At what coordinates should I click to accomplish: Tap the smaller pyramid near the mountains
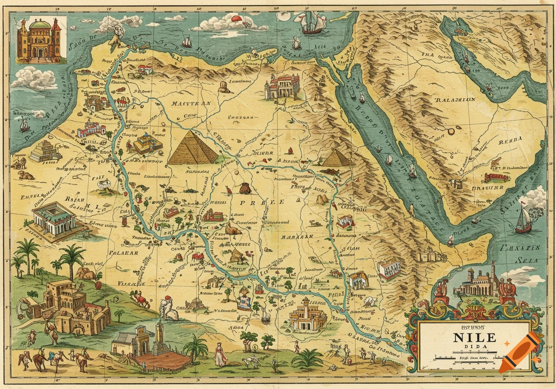coord(336,158)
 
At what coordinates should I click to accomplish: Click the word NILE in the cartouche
coord(474,337)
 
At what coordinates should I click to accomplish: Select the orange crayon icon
coord(520,352)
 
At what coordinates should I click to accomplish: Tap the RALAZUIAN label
coord(455,99)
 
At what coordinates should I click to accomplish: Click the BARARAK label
coord(297,237)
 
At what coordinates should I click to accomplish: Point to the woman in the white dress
coord(220,354)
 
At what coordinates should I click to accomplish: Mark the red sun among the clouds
coord(236,19)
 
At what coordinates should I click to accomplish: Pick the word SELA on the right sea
coord(526,260)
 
